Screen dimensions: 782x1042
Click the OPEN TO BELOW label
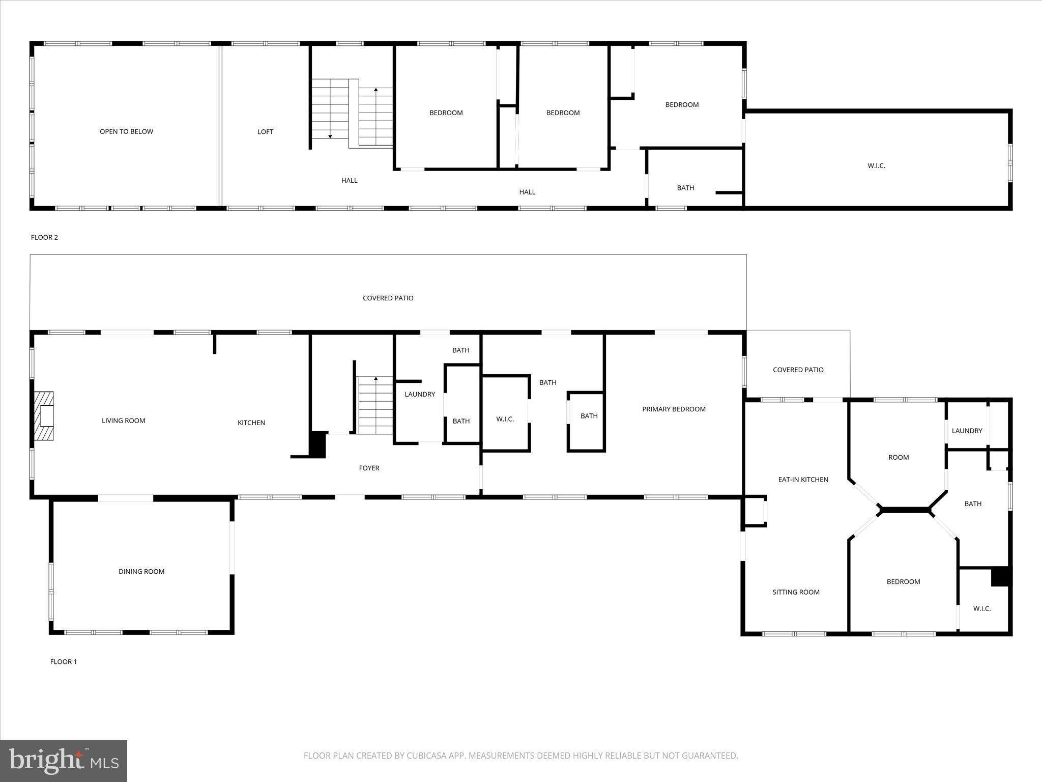tap(126, 131)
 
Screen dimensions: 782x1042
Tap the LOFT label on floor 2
tap(265, 132)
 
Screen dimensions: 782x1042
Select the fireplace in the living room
tap(44, 416)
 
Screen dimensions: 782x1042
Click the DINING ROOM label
tap(141, 571)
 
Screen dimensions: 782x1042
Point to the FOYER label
tap(369, 468)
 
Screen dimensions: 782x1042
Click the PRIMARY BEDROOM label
tap(674, 409)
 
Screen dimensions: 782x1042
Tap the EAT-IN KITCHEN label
tap(803, 479)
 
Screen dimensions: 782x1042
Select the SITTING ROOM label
tap(796, 592)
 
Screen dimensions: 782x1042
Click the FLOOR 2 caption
tap(44, 237)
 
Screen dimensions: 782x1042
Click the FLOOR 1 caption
tap(63, 661)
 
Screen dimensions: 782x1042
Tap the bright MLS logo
tap(64, 761)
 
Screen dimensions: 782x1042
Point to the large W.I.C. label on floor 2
tap(876, 165)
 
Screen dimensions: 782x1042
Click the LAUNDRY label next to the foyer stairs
tap(420, 394)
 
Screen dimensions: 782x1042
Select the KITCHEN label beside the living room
tap(251, 423)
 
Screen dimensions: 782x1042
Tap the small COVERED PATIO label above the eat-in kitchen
tap(798, 370)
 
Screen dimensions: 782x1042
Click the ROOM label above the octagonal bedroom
tap(899, 457)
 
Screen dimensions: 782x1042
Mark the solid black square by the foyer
tap(318, 444)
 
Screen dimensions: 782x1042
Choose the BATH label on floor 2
tap(685, 188)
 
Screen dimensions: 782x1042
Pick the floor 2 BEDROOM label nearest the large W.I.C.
tap(682, 104)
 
